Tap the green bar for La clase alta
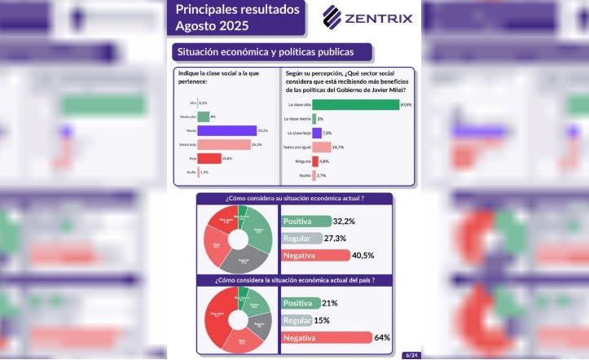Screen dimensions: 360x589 coord(355,104)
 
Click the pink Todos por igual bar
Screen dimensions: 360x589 coord(321,147)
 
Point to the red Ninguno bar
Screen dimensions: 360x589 coord(314,161)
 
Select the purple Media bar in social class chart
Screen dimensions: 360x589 coord(227,130)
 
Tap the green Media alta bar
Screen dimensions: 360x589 coord(204,117)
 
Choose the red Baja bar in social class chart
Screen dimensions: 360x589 coord(209,158)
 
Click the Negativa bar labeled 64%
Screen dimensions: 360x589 coord(325,337)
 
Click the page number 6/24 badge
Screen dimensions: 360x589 coord(411,354)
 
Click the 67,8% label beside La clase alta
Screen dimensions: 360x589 coord(406,104)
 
